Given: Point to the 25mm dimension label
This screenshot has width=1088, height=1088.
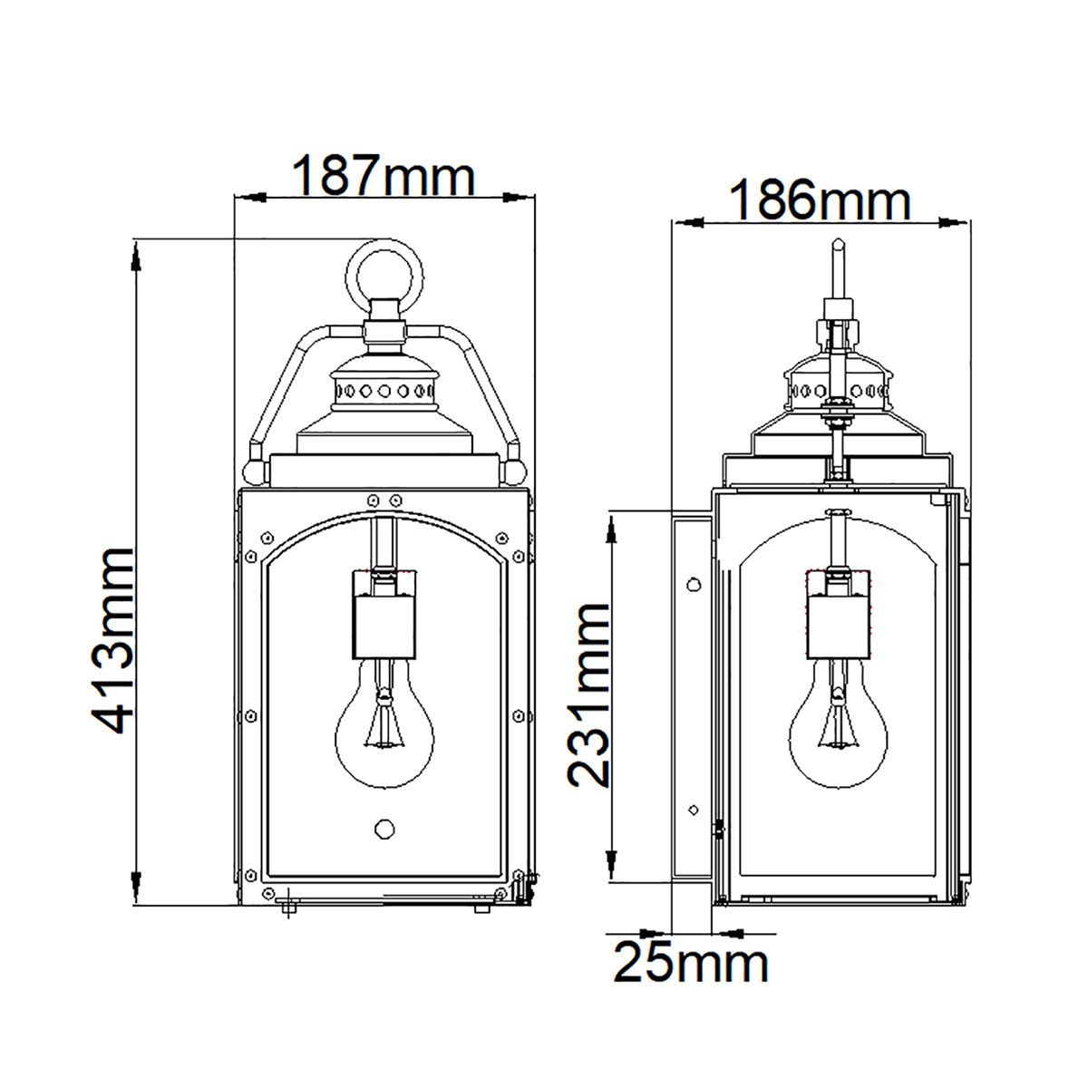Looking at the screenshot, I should (691, 962).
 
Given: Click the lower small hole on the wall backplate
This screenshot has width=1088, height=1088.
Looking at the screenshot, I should (693, 809).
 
